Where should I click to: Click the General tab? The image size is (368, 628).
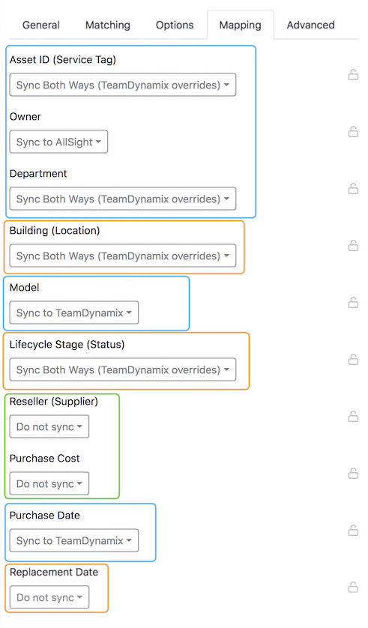click(40, 25)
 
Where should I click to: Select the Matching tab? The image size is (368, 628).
click(108, 25)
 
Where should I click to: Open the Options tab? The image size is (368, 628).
click(175, 25)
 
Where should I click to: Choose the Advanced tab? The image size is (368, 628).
click(311, 25)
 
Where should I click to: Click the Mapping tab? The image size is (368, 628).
click(241, 25)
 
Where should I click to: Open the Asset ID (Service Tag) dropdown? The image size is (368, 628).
click(123, 85)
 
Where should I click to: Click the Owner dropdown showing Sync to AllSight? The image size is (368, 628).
click(59, 142)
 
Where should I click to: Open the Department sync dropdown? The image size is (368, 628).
click(123, 199)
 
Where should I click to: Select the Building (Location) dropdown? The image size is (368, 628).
click(123, 256)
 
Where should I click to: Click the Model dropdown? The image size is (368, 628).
click(74, 313)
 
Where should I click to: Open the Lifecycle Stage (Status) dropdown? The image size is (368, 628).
click(123, 369)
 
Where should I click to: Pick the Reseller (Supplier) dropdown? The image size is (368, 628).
click(49, 426)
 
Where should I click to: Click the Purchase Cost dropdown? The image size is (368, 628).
click(49, 483)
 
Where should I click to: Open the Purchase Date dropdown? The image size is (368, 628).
click(74, 540)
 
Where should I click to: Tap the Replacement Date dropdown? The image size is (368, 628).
click(49, 597)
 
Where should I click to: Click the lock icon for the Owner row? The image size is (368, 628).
click(353, 131)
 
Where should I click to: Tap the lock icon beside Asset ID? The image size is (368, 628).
click(353, 74)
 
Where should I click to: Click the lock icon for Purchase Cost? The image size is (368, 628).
click(353, 474)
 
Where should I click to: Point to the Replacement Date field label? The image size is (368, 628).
click(54, 572)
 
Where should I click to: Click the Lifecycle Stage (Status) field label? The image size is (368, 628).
click(67, 345)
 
